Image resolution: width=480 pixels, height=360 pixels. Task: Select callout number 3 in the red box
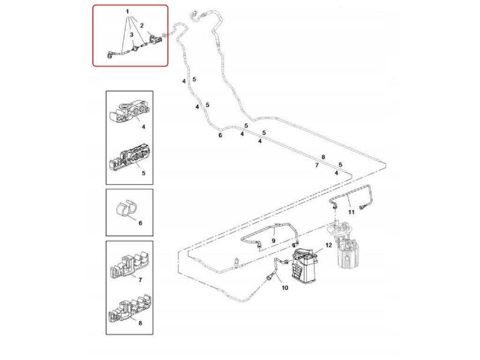[132, 35]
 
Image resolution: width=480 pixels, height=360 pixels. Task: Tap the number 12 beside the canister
[328, 245]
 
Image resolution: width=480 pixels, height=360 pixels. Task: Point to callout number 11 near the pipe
[351, 212]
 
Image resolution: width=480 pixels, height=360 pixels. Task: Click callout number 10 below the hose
[284, 288]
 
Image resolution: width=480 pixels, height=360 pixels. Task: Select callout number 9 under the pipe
[273, 240]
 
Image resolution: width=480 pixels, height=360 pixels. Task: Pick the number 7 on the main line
[316, 165]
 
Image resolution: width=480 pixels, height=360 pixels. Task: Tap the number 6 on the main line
[220, 135]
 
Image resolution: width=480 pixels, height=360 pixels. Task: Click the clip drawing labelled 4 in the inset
[128, 112]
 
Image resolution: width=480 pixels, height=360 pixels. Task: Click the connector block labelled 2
[155, 39]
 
